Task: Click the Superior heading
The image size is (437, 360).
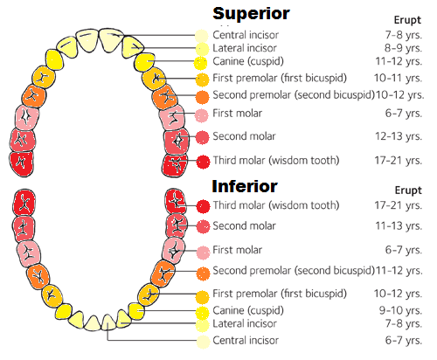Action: pos(252,13)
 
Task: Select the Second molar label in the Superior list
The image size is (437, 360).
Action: pos(245,136)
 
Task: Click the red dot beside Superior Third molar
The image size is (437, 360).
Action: pos(203,162)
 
